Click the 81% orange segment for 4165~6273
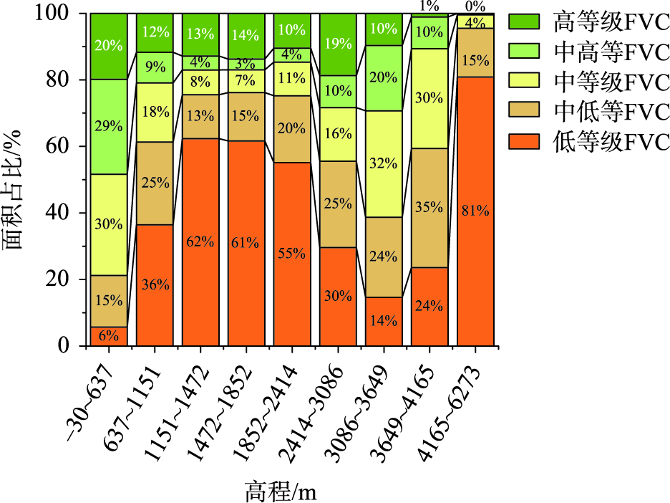pos(475,211)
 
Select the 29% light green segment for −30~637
pos(109,126)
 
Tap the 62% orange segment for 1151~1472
pos(200,242)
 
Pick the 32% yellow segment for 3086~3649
pos(384,163)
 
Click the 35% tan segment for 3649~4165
pos(429,208)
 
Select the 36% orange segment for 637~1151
pos(155,285)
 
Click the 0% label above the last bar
pos(475,6)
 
